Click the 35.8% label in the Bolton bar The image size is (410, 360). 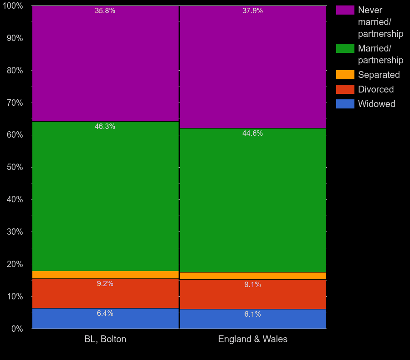105,11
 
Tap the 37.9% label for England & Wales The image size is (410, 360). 252,11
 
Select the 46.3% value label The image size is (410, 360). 105,127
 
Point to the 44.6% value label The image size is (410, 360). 252,134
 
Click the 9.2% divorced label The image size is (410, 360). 105,284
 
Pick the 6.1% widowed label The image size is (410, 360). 252,314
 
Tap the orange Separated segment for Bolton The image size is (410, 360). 105,275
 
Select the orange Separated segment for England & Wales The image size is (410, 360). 253,276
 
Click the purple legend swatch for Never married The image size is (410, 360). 345,10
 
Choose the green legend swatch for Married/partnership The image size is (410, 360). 345,48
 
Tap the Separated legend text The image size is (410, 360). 379,75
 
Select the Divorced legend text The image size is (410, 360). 376,89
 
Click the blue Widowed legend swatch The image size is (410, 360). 345,104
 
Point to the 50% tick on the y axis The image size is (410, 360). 15,167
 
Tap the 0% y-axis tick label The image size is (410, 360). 17,329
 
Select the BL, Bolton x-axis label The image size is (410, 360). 105,339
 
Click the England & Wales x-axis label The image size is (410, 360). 253,339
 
